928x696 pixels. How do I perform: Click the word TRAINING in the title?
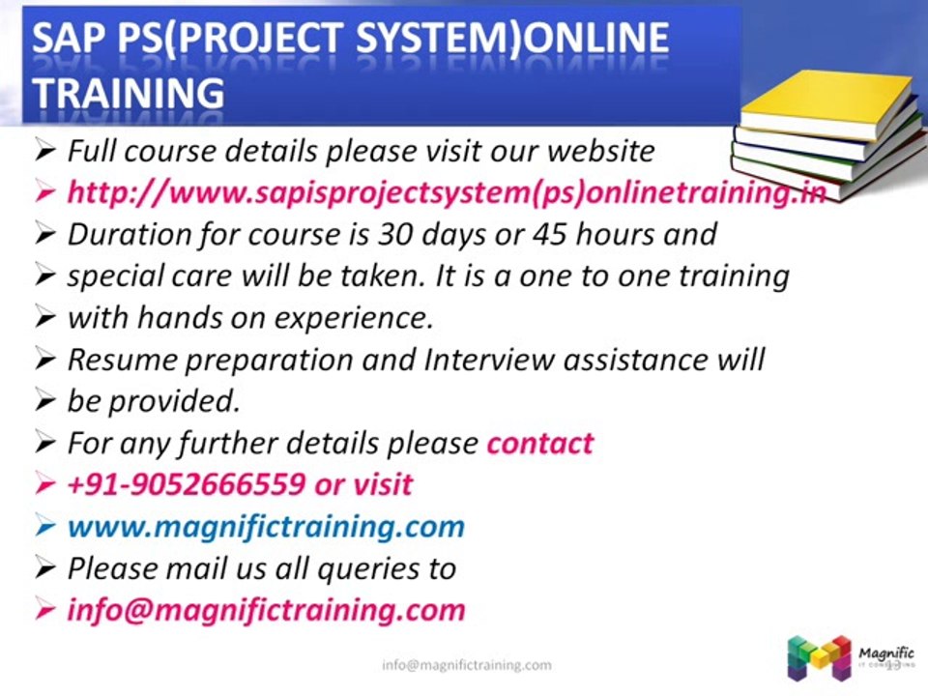tap(128, 92)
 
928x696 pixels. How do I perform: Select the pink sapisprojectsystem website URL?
tap(446, 192)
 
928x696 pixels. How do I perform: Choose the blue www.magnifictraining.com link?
tap(266, 527)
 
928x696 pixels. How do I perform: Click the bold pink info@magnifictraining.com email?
tap(266, 611)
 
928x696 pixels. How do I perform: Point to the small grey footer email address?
tap(466, 665)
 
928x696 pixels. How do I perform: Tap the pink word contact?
tap(539, 443)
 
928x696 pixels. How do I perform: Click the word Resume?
tap(121, 360)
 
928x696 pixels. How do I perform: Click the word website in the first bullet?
tap(600, 151)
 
